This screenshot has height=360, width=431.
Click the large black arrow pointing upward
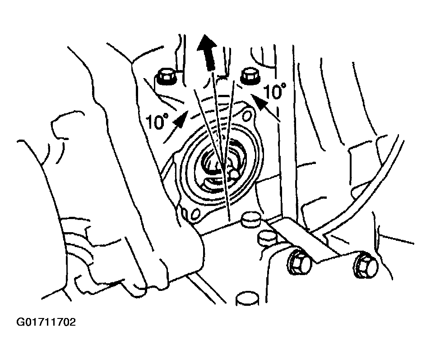coord(207,52)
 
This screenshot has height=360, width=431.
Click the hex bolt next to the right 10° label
coord(249,75)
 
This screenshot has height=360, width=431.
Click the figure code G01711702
coord(46,322)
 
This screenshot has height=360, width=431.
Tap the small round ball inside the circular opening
coord(235,174)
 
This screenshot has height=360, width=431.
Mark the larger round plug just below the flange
coord(250,220)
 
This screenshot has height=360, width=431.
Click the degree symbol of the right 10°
coord(283,86)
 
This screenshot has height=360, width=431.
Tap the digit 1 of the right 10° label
coord(266,93)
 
